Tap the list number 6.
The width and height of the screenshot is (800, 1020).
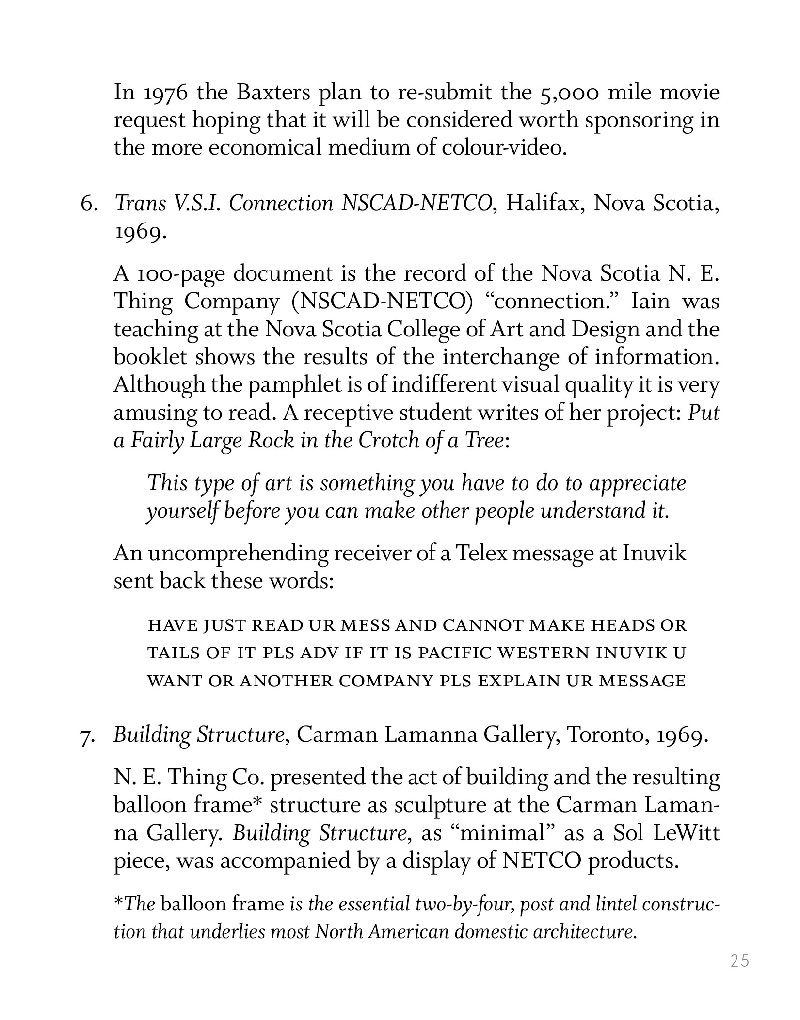(89, 204)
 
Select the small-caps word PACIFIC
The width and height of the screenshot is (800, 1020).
(452, 653)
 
